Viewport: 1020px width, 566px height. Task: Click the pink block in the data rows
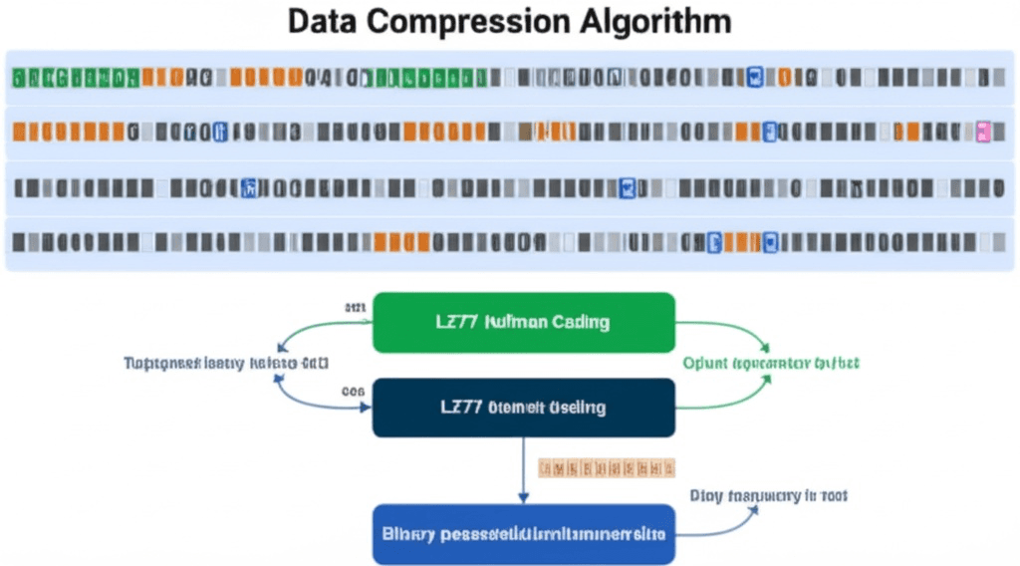pos(984,131)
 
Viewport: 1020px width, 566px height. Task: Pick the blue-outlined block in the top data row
pos(754,77)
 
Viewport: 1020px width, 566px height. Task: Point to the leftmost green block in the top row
pos(17,77)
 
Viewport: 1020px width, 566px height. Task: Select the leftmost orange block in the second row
pos(17,131)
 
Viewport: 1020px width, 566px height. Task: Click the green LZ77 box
pos(524,322)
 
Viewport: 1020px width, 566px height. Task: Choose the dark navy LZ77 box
pos(524,408)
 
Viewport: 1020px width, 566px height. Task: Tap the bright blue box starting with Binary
pos(524,533)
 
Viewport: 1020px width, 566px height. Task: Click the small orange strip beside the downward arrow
pos(606,466)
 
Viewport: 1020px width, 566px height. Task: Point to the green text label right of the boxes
pos(770,364)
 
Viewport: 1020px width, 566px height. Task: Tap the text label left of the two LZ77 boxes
pos(227,363)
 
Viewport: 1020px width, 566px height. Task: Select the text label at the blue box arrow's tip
pos(768,495)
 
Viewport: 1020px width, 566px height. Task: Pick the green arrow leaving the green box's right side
pos(727,331)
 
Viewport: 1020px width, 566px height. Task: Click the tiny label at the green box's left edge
pos(355,308)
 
